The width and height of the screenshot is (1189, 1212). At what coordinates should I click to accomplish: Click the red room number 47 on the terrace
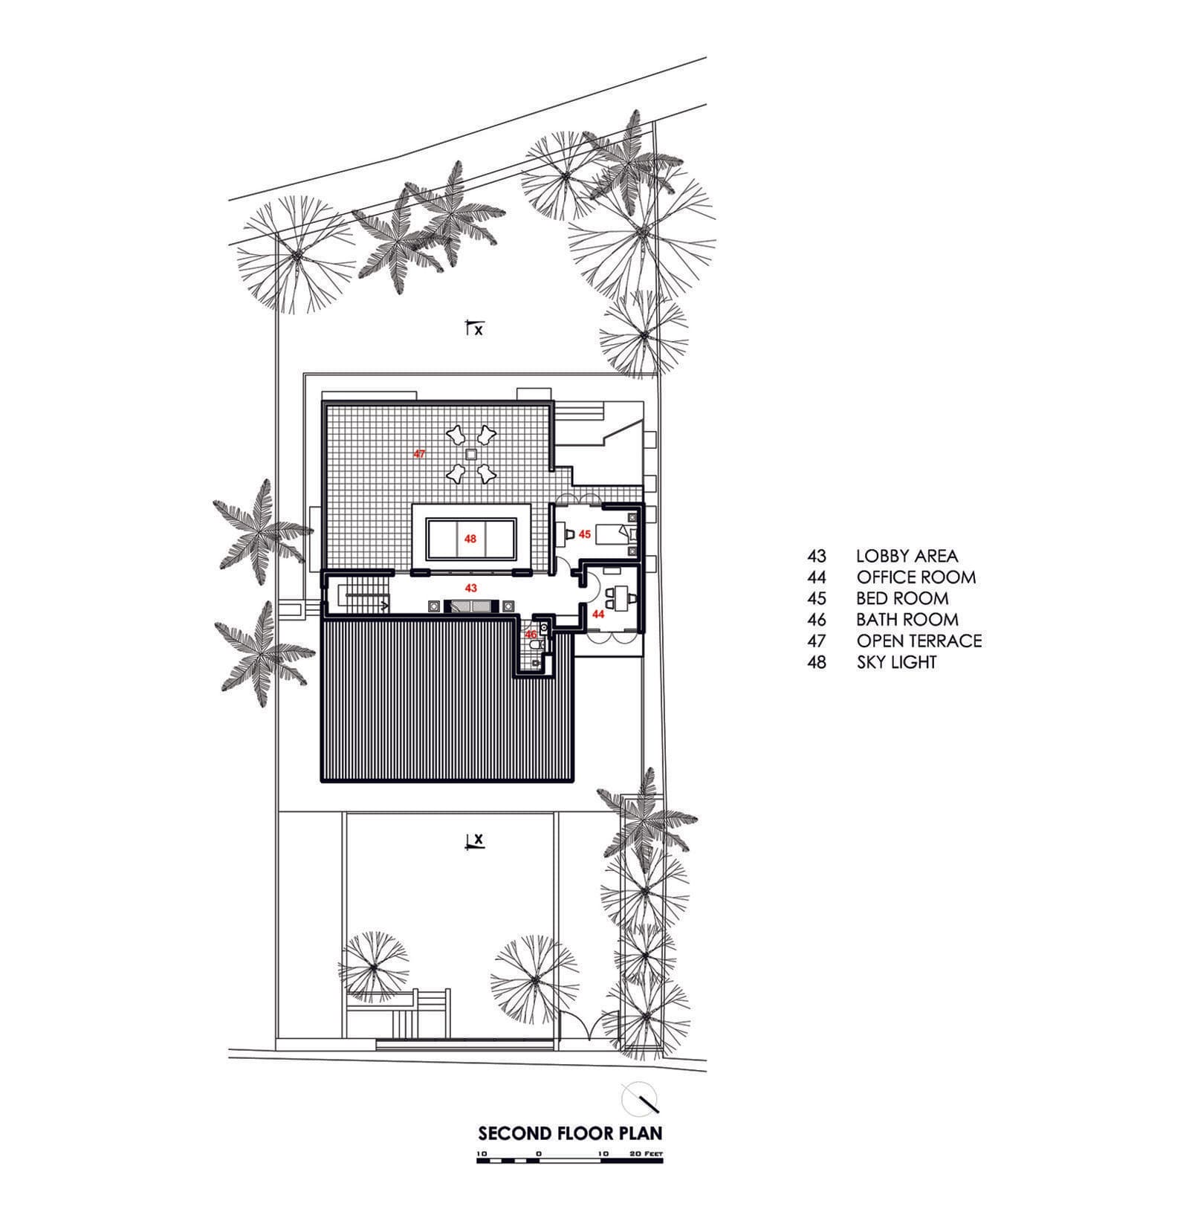pos(420,453)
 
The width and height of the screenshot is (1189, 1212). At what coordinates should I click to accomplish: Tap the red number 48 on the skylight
pos(470,539)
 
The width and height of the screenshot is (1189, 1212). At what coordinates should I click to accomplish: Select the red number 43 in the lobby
pos(470,587)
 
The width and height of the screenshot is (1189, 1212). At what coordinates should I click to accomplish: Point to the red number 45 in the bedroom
pos(585,534)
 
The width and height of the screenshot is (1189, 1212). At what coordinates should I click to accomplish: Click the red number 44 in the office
pos(598,615)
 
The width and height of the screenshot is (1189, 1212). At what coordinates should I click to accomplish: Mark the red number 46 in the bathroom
pos(531,635)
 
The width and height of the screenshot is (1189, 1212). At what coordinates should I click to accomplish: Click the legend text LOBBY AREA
pos(907,556)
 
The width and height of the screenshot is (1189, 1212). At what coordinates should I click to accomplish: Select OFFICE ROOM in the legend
pos(916,577)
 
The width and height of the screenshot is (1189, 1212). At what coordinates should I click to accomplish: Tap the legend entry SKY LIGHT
pos(896,662)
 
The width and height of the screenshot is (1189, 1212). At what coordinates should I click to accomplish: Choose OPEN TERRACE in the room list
pos(919,641)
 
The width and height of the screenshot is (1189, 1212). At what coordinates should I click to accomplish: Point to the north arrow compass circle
pos(639,1098)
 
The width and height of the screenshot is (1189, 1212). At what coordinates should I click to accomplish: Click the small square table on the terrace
pos(470,454)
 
